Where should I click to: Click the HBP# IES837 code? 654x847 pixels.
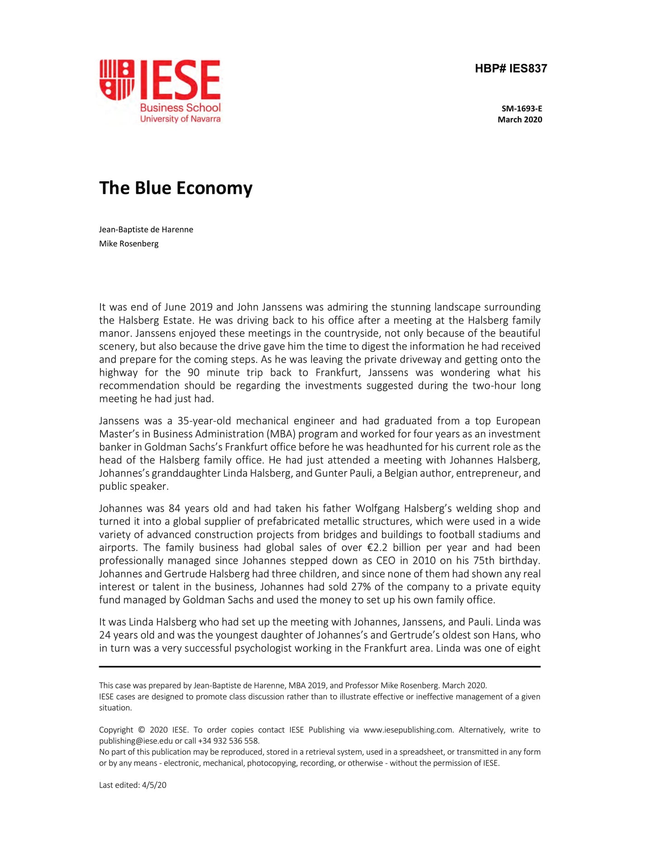511,69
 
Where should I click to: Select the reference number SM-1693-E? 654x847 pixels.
521,109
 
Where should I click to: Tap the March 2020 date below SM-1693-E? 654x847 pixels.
520,120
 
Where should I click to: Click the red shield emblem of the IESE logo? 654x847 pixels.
116,80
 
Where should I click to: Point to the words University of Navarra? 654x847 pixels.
180,119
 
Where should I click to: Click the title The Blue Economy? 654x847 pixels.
176,188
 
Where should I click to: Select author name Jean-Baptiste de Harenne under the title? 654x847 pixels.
146,230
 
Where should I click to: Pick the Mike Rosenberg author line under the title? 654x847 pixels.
129,244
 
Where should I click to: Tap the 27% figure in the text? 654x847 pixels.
361,587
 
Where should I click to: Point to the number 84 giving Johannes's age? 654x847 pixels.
175,509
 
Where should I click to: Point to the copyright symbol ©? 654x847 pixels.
141,730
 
